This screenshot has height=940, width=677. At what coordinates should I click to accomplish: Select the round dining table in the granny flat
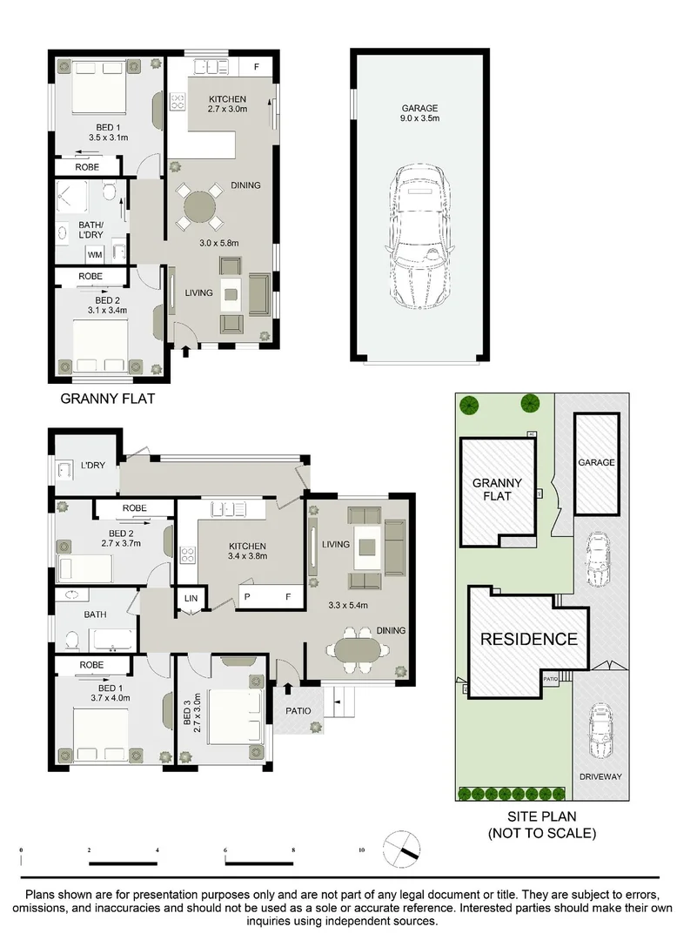[x=201, y=208]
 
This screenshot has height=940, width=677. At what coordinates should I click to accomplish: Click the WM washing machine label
[x=93, y=254]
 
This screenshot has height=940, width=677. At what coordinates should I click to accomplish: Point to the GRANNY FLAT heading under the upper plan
[x=102, y=399]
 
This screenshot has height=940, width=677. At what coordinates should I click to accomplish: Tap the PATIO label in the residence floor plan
[x=298, y=711]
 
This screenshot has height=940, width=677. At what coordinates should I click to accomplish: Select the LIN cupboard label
[x=191, y=599]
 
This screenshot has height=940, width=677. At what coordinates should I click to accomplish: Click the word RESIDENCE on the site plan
[x=529, y=639]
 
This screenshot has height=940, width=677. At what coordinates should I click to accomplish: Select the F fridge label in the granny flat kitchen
[x=256, y=67]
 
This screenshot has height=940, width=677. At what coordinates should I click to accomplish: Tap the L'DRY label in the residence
[x=92, y=466]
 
